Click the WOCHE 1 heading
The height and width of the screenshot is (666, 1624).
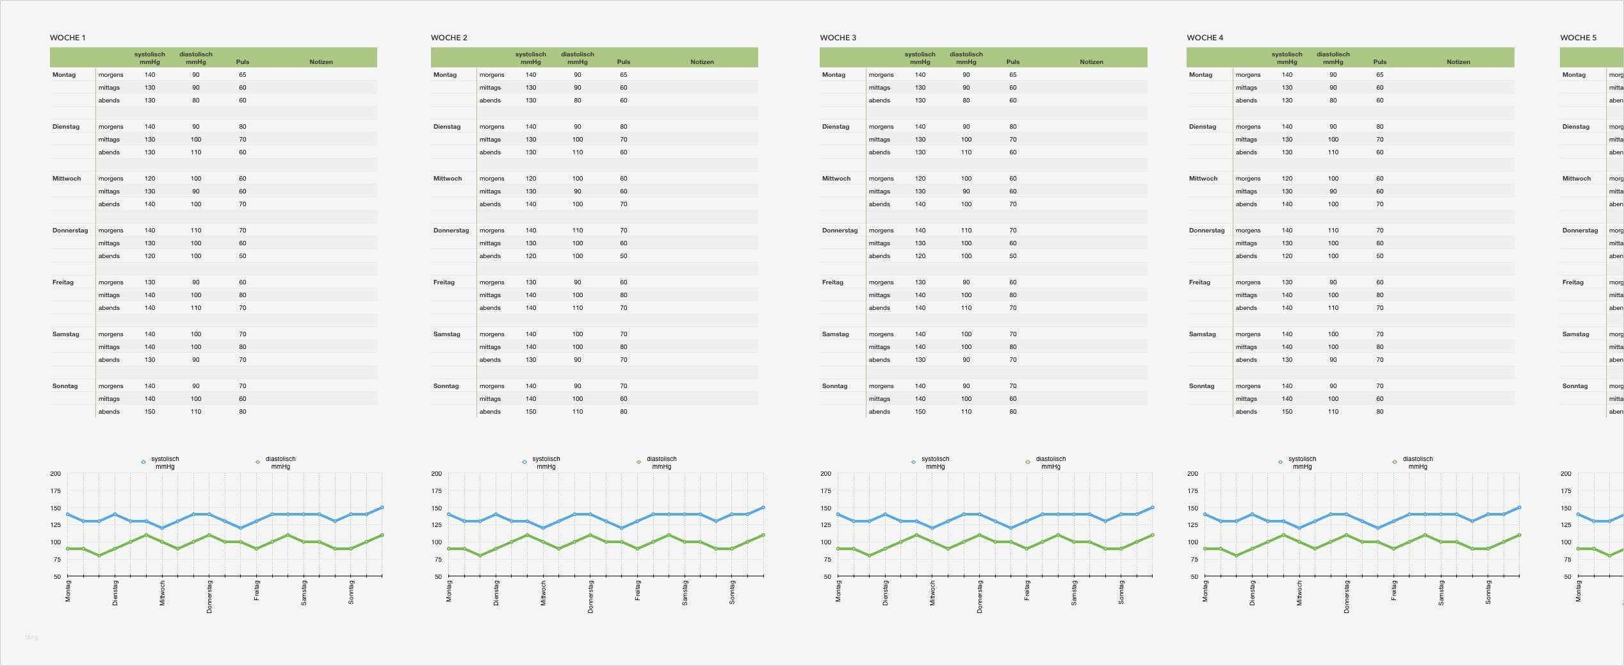[x=67, y=38]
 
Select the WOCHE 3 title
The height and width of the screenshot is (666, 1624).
[x=838, y=38]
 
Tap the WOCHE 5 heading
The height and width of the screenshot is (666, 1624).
[x=1578, y=38]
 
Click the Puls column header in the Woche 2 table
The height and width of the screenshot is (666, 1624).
[x=623, y=62]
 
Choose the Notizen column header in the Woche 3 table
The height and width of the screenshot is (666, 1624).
[x=1091, y=62]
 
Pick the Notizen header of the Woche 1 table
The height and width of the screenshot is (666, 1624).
[x=321, y=62]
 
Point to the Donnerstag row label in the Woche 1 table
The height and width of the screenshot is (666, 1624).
[x=70, y=231]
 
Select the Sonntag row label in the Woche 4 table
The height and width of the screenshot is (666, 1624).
[x=1201, y=386]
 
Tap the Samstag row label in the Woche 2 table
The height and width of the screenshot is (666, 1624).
[x=446, y=334]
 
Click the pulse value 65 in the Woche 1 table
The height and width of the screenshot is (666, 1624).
[x=243, y=75]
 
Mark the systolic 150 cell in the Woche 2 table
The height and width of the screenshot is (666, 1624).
[x=531, y=412]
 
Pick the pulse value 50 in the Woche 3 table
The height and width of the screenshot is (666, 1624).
[x=1012, y=256]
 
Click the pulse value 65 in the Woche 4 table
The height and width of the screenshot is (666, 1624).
[x=1379, y=75]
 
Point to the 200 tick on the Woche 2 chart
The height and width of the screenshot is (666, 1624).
[x=436, y=474]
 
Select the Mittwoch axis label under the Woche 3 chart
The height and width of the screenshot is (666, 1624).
[x=932, y=593]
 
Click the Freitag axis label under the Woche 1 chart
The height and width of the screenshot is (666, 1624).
[x=257, y=590]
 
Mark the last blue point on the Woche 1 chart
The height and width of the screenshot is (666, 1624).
[x=382, y=507]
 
